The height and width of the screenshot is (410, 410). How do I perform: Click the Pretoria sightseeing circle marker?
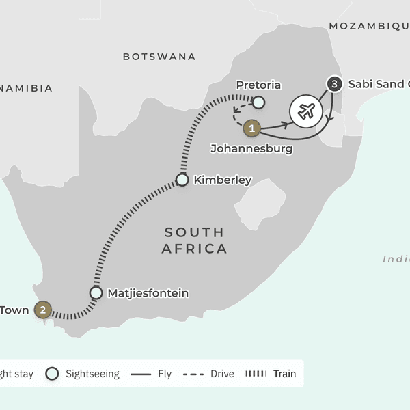[x=258, y=102]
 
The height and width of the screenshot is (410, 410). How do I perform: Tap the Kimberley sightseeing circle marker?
[x=182, y=180]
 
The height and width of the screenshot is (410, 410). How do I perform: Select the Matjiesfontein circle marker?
[x=96, y=293]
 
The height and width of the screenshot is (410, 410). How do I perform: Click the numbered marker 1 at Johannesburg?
[x=252, y=127]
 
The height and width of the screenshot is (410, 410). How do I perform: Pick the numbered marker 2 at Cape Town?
[x=43, y=310]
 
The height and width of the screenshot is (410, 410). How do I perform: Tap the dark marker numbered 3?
[x=333, y=85]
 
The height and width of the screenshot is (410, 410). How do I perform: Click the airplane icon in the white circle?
[x=305, y=111]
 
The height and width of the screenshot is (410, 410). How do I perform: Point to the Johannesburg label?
[x=251, y=148]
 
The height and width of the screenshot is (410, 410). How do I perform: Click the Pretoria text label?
[x=258, y=85]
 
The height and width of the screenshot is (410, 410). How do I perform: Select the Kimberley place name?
[x=223, y=180]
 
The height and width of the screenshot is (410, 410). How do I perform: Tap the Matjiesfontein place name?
[x=148, y=293]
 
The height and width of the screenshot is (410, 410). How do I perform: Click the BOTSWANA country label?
[x=159, y=57]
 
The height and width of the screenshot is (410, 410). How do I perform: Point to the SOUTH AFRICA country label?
[x=194, y=241]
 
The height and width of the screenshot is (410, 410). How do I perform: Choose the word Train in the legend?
[x=284, y=374]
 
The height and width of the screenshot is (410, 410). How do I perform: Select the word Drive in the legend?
[x=222, y=374]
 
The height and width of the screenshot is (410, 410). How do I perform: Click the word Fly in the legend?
[x=164, y=374]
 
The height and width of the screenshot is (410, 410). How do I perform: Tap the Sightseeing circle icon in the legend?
[x=52, y=374]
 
